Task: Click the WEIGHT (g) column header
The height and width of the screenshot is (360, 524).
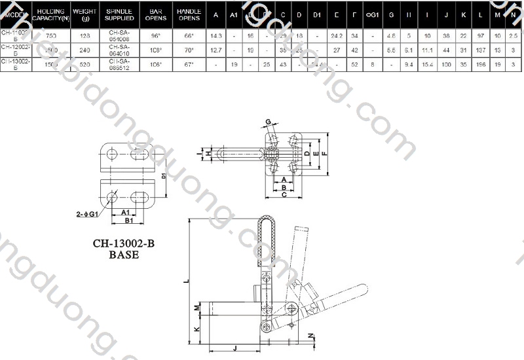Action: pos(85,14)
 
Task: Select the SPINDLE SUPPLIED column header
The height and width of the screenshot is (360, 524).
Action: pos(119,14)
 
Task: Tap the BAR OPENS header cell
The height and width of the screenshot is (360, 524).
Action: pos(156,14)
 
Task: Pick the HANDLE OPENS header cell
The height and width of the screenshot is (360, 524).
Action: pos(189,14)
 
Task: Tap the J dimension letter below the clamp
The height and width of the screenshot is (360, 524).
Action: pos(234,348)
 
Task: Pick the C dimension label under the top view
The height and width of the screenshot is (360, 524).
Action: pos(283,195)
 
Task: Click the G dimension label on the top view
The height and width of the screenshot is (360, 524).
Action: pos(268,121)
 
